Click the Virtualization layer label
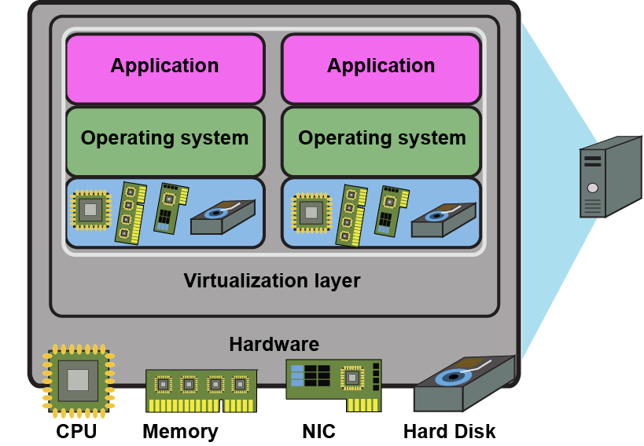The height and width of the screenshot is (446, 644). coord(272,280)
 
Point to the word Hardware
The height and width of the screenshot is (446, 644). coord(274,344)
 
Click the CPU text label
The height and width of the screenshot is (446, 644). coord(76,431)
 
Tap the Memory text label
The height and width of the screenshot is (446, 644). coord(180,431)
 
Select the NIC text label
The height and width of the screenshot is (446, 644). coord(318,431)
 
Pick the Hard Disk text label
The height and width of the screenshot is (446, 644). coord(450,431)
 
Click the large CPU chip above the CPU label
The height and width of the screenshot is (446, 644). coord(78,381)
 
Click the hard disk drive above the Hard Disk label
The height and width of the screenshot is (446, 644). coord(464,385)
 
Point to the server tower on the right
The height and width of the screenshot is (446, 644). coord(609,177)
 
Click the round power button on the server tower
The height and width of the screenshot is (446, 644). coord(592,188)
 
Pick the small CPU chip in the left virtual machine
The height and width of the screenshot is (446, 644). coord(91,210)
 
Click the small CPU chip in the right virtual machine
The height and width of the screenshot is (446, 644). coord(311,211)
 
